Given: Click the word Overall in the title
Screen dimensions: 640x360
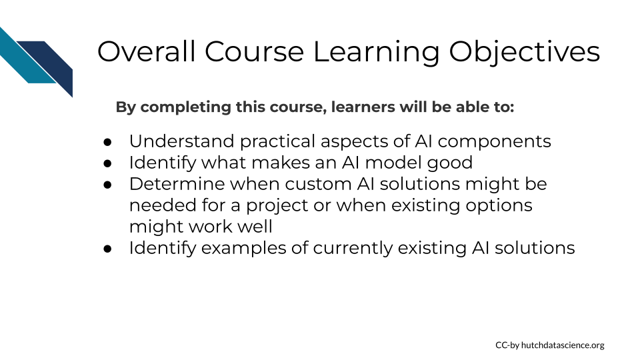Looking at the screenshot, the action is point(146,51).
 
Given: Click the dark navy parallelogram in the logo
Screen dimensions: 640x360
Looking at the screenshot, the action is point(48,65).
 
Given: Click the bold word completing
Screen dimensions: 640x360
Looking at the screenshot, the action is point(185,107).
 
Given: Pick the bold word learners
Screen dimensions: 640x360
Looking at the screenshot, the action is point(363,107).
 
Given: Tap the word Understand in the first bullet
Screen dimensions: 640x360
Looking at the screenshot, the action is point(181,141).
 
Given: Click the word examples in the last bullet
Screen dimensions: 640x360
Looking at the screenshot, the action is point(244,249).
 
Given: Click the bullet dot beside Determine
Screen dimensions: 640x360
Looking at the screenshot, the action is point(108,185).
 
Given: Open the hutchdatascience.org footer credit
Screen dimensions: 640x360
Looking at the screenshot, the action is point(550,345).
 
